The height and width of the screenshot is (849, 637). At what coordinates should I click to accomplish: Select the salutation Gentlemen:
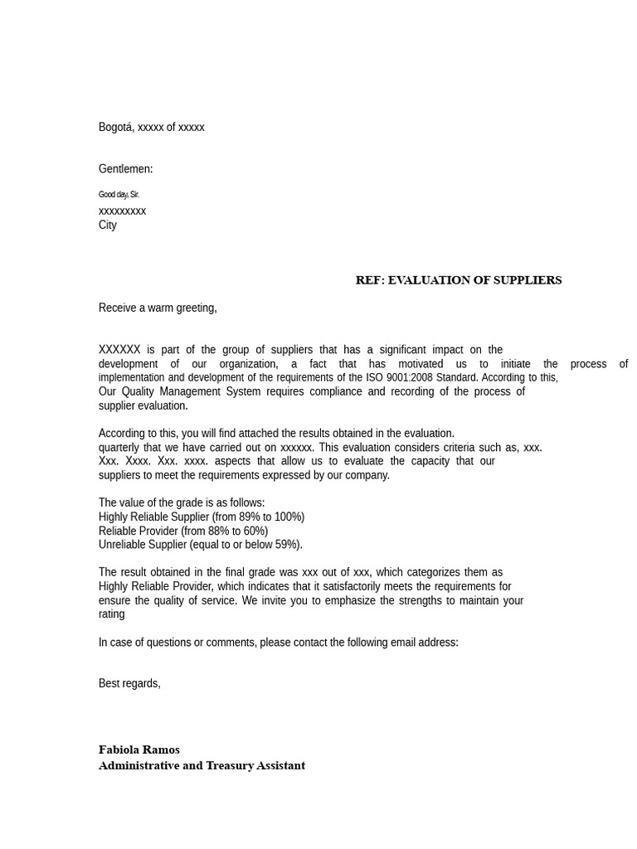125,169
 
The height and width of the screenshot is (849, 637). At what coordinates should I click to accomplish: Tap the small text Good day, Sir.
119,195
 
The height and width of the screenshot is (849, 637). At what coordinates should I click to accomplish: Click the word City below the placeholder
108,226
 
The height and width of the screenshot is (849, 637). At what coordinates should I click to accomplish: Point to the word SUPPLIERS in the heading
527,280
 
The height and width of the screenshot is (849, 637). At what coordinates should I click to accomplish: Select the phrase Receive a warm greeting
157,308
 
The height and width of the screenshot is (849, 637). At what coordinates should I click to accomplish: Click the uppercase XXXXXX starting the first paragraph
119,350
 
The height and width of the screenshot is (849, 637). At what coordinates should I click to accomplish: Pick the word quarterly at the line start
120,448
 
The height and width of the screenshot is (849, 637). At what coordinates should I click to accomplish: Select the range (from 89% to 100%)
258,517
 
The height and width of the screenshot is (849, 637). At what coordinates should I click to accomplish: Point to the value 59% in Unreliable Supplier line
287,546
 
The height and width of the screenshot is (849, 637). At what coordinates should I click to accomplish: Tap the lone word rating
111,614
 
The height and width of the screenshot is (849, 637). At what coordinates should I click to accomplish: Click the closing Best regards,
129,684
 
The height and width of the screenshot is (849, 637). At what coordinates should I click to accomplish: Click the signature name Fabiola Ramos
139,750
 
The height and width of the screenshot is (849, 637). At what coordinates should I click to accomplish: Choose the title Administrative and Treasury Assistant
202,765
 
